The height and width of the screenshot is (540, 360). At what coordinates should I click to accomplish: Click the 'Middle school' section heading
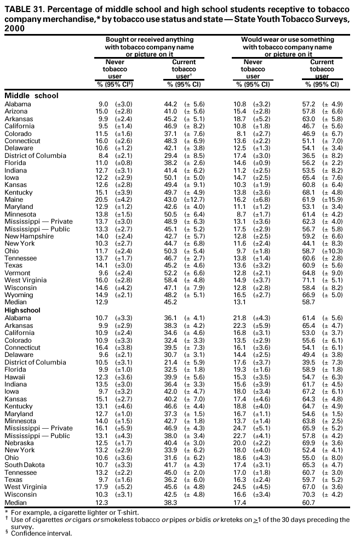[31, 96]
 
